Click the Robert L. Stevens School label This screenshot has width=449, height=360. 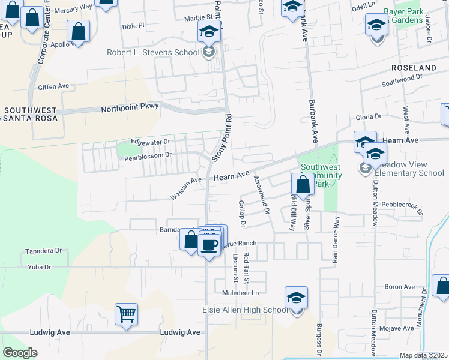tap(153, 52)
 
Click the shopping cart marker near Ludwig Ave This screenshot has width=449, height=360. tap(126, 314)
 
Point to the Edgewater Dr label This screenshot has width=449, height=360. tap(151, 142)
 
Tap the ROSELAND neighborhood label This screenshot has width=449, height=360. tap(414, 68)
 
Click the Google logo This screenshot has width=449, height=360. tap(20, 352)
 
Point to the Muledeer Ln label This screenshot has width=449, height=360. tap(239, 293)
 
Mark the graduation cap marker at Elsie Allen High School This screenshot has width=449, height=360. tap(296, 298)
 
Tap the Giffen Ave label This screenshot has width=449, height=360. tap(53, 86)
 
